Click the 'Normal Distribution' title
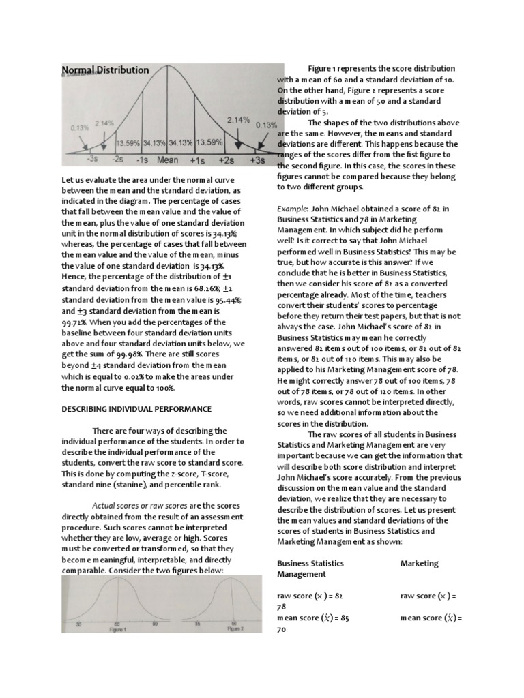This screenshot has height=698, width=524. pyautogui.click(x=105, y=70)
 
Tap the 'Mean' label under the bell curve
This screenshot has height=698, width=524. pyautogui.click(x=168, y=161)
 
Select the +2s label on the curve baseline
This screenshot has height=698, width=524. pyautogui.click(x=226, y=161)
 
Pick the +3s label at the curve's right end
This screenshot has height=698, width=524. pyautogui.click(x=257, y=161)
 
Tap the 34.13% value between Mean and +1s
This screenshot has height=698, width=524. pyautogui.click(x=181, y=143)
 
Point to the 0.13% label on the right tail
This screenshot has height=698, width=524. pyautogui.click(x=265, y=125)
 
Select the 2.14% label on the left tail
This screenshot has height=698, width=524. pyautogui.click(x=104, y=123)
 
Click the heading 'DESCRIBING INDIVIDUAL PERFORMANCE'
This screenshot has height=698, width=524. pyautogui.click(x=137, y=408)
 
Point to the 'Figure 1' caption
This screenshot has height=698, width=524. pyautogui.click(x=119, y=630)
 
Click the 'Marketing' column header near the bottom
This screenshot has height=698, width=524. pyautogui.click(x=420, y=564)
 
